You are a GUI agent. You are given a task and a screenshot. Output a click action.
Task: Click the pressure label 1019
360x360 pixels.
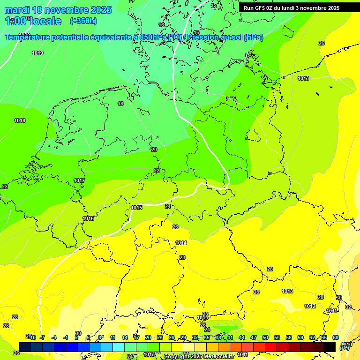(x=37, y=53)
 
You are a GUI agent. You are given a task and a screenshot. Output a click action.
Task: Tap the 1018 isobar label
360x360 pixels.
(x=20, y=120)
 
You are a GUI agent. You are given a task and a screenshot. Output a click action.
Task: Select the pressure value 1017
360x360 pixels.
(x=79, y=180)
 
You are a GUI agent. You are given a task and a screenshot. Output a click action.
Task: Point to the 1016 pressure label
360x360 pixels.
(x=88, y=218)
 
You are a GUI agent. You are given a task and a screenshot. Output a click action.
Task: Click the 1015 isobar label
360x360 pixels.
(x=136, y=208)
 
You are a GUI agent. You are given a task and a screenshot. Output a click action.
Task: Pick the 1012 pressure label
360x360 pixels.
(x=310, y=306)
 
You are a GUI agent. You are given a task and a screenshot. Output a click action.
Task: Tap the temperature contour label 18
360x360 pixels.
(x=120, y=104)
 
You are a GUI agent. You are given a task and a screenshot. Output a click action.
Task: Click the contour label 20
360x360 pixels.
(x=154, y=150)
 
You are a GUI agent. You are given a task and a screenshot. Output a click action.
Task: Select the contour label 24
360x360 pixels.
(x=168, y=206)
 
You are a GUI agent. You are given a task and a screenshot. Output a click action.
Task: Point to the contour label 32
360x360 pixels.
(x=348, y=307)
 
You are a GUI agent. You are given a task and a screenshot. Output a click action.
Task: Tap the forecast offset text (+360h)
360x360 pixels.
(x=83, y=21)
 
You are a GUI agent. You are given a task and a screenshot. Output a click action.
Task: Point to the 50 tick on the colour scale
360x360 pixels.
(x=265, y=337)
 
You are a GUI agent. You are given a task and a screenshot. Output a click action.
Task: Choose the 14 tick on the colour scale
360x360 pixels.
(x=125, y=337)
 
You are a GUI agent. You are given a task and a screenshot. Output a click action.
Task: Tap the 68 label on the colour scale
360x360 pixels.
(x=336, y=337)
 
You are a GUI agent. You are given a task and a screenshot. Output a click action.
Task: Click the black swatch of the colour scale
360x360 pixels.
(x=330, y=347)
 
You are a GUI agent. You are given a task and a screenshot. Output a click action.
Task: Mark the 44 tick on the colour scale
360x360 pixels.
(x=242, y=337)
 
